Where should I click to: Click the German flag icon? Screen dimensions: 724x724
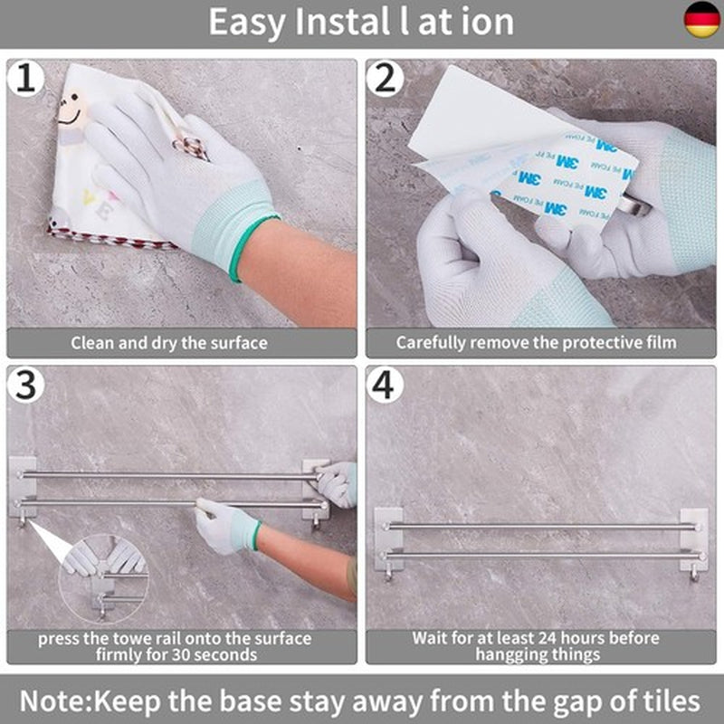(701, 19)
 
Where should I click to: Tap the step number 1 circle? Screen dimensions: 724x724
(26, 78)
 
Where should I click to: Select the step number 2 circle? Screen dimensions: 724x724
(386, 78)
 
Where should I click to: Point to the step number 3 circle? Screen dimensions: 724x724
(26, 385)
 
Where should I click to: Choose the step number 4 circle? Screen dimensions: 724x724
(386, 385)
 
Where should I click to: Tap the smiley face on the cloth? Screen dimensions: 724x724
(71, 110)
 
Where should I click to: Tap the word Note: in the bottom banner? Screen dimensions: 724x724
(56, 700)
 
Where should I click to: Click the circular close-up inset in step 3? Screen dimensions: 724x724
(103, 579)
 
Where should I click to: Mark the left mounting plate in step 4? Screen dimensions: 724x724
(387, 539)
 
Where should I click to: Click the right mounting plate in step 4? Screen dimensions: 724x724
(694, 540)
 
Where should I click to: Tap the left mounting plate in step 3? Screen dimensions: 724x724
(23, 487)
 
